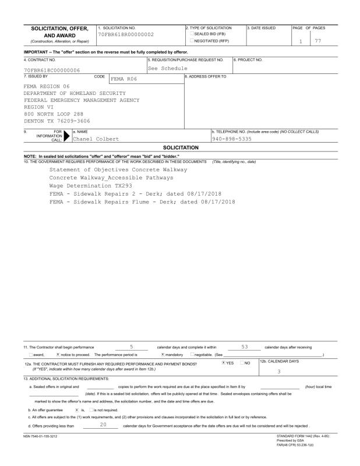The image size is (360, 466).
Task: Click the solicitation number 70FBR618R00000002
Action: (x=125, y=35)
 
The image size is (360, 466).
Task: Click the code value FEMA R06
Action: (x=123, y=79)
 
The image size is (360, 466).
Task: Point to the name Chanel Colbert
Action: (x=96, y=139)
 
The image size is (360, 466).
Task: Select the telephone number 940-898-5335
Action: (x=232, y=139)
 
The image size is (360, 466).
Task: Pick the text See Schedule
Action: (x=167, y=68)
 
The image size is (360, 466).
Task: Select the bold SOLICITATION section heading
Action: (x=181, y=148)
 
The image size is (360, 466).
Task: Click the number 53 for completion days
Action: (x=244, y=347)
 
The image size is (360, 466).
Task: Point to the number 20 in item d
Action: (x=103, y=409)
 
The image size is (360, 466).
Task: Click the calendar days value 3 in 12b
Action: (x=279, y=371)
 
